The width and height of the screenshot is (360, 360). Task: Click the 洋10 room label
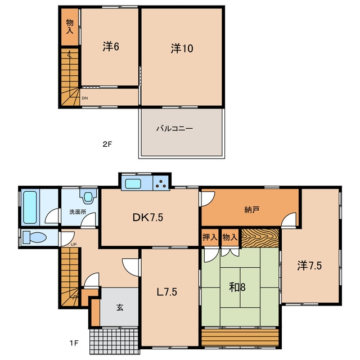point(182,48)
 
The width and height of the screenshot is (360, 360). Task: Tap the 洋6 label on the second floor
point(111,46)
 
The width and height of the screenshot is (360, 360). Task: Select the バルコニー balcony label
point(174,128)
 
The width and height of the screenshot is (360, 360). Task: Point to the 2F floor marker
point(107,144)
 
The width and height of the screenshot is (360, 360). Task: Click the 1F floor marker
point(74,343)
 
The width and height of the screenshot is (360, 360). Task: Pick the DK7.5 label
point(148,217)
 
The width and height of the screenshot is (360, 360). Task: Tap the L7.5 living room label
point(166,292)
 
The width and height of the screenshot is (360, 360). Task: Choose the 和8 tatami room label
point(237,287)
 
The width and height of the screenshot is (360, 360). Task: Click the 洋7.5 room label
point(309,265)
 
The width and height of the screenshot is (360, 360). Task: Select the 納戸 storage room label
point(252,210)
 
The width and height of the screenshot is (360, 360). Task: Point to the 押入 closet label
point(210,237)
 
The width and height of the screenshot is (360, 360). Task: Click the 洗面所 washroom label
point(78,211)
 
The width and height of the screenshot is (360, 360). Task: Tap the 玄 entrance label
point(120,307)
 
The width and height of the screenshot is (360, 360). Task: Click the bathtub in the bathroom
point(30,208)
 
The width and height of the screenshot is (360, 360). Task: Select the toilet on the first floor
point(34,237)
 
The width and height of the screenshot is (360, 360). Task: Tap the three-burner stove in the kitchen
point(161,183)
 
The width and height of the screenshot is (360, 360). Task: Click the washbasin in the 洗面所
point(88,196)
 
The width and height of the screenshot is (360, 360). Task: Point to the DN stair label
point(85,98)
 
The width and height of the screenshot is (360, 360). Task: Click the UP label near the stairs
point(74,245)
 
